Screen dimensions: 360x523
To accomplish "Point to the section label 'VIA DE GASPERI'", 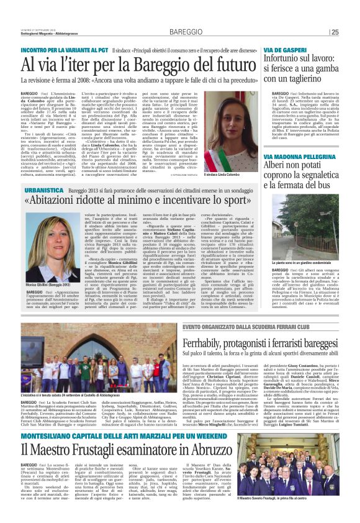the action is click(x=284, y=49).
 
